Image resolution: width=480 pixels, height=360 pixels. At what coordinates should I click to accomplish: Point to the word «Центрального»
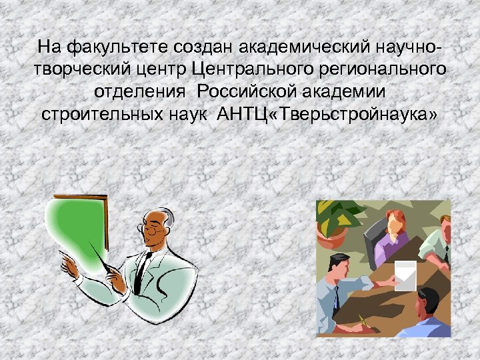tap(258, 69)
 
